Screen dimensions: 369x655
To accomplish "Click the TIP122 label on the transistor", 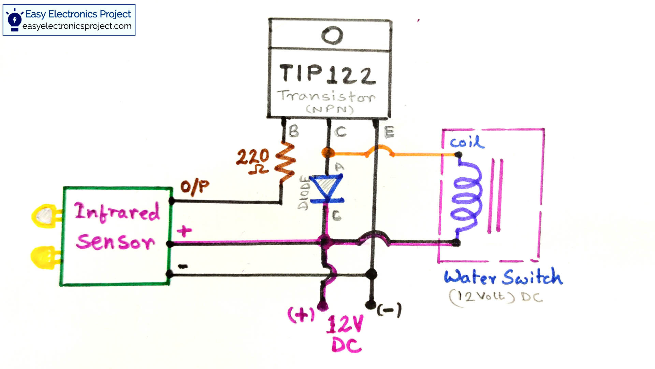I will point(327,74).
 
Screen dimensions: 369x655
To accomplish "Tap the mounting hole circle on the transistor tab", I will point(332,35).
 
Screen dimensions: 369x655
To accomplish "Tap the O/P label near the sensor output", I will point(194,187).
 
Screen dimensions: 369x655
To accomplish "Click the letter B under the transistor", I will point(293,132).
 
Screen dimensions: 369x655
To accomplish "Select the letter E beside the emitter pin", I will point(389,132).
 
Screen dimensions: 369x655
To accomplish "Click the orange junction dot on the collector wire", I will point(327,153).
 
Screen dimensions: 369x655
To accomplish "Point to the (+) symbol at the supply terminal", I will point(301,314).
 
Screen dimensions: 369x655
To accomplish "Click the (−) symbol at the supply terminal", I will point(389,310).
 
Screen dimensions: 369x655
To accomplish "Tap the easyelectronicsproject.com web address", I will point(77,26).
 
